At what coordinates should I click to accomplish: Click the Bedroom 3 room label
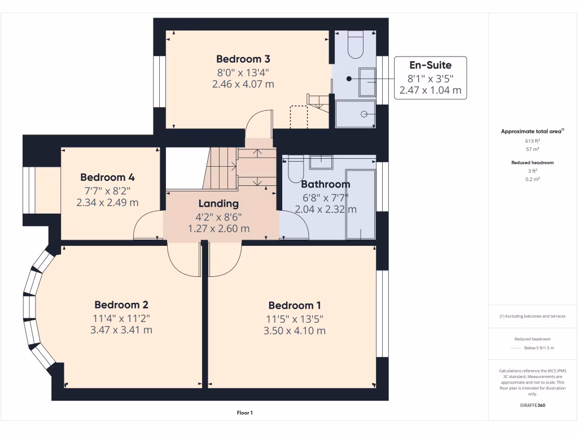coord(243,59)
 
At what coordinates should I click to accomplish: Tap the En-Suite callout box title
coord(430,65)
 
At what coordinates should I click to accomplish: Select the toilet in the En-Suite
coord(356,45)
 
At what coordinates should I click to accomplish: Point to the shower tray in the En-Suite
coord(355,114)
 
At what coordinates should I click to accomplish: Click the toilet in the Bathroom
coord(296,169)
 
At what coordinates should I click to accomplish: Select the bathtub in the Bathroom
coord(360,203)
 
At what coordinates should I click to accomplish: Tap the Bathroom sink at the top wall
coord(321,162)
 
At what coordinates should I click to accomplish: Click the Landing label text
coord(218,203)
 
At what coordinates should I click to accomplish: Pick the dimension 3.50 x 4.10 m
coord(294,331)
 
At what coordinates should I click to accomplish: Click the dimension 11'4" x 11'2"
coord(121,318)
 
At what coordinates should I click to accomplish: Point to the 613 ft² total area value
coord(532,140)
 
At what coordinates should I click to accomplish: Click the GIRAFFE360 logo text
coord(532,405)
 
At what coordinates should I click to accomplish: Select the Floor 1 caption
coord(244,413)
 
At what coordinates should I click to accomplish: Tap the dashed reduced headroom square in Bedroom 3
coord(299,117)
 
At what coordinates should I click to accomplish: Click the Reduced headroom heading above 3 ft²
coord(532,162)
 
